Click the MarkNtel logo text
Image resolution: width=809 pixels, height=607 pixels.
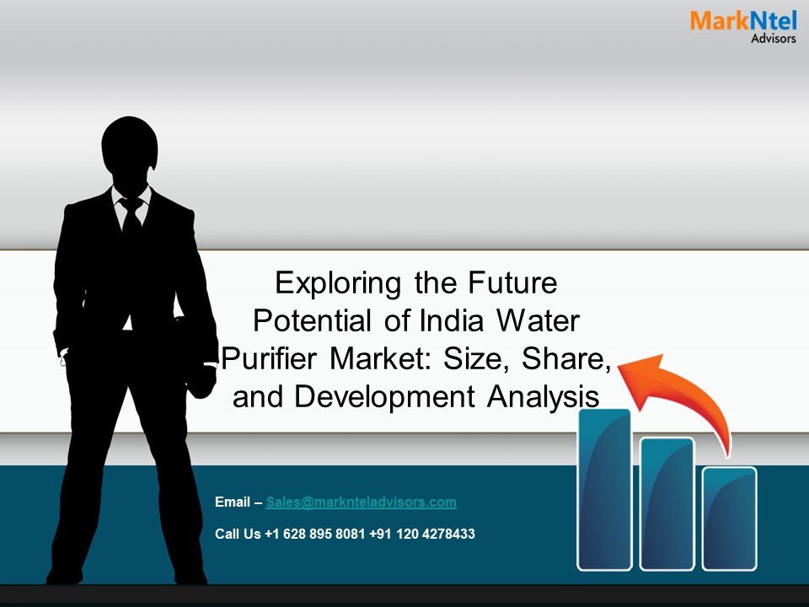(742, 21)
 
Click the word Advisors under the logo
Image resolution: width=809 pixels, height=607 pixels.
(773, 39)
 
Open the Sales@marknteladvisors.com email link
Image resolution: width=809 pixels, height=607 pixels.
(361, 502)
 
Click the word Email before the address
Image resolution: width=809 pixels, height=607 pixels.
(233, 502)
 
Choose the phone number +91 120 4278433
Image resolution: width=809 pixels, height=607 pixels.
(422, 534)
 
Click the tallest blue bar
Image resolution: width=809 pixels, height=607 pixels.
(604, 489)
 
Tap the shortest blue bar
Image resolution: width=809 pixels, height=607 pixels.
(730, 518)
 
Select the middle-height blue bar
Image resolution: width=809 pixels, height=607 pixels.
(667, 503)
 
